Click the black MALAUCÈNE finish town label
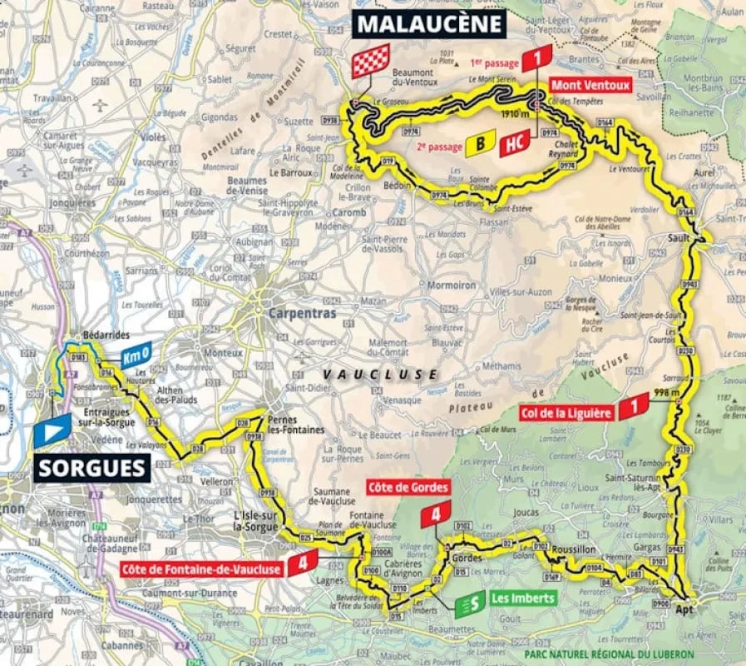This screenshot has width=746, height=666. tap(430, 23)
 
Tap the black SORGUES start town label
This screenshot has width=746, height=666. tap(92, 468)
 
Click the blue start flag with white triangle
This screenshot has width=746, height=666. tap(52, 429)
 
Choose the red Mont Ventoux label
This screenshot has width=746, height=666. tap(590, 85)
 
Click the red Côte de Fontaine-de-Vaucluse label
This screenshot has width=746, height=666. tap(202, 569)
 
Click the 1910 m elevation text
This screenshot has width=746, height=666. tap(515, 114)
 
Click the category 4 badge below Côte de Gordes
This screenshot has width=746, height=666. tap(435, 514)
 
